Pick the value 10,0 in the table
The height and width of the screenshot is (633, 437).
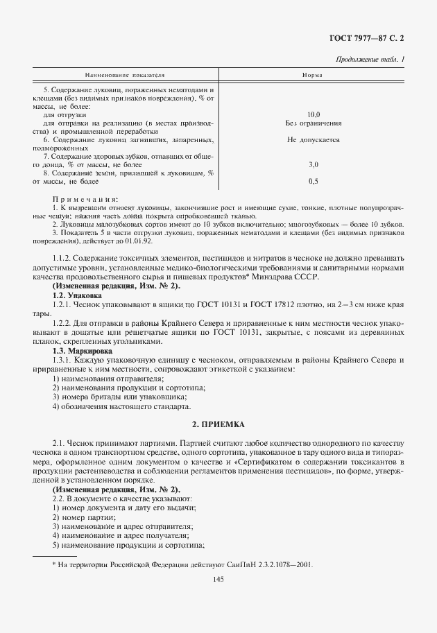click(x=313, y=114)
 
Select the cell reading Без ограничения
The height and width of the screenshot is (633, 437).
click(x=313, y=123)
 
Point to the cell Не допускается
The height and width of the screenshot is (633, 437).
click(x=313, y=139)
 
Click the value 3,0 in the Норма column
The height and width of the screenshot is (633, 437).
click(x=313, y=164)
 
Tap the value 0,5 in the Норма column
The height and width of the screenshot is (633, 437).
click(x=313, y=181)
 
